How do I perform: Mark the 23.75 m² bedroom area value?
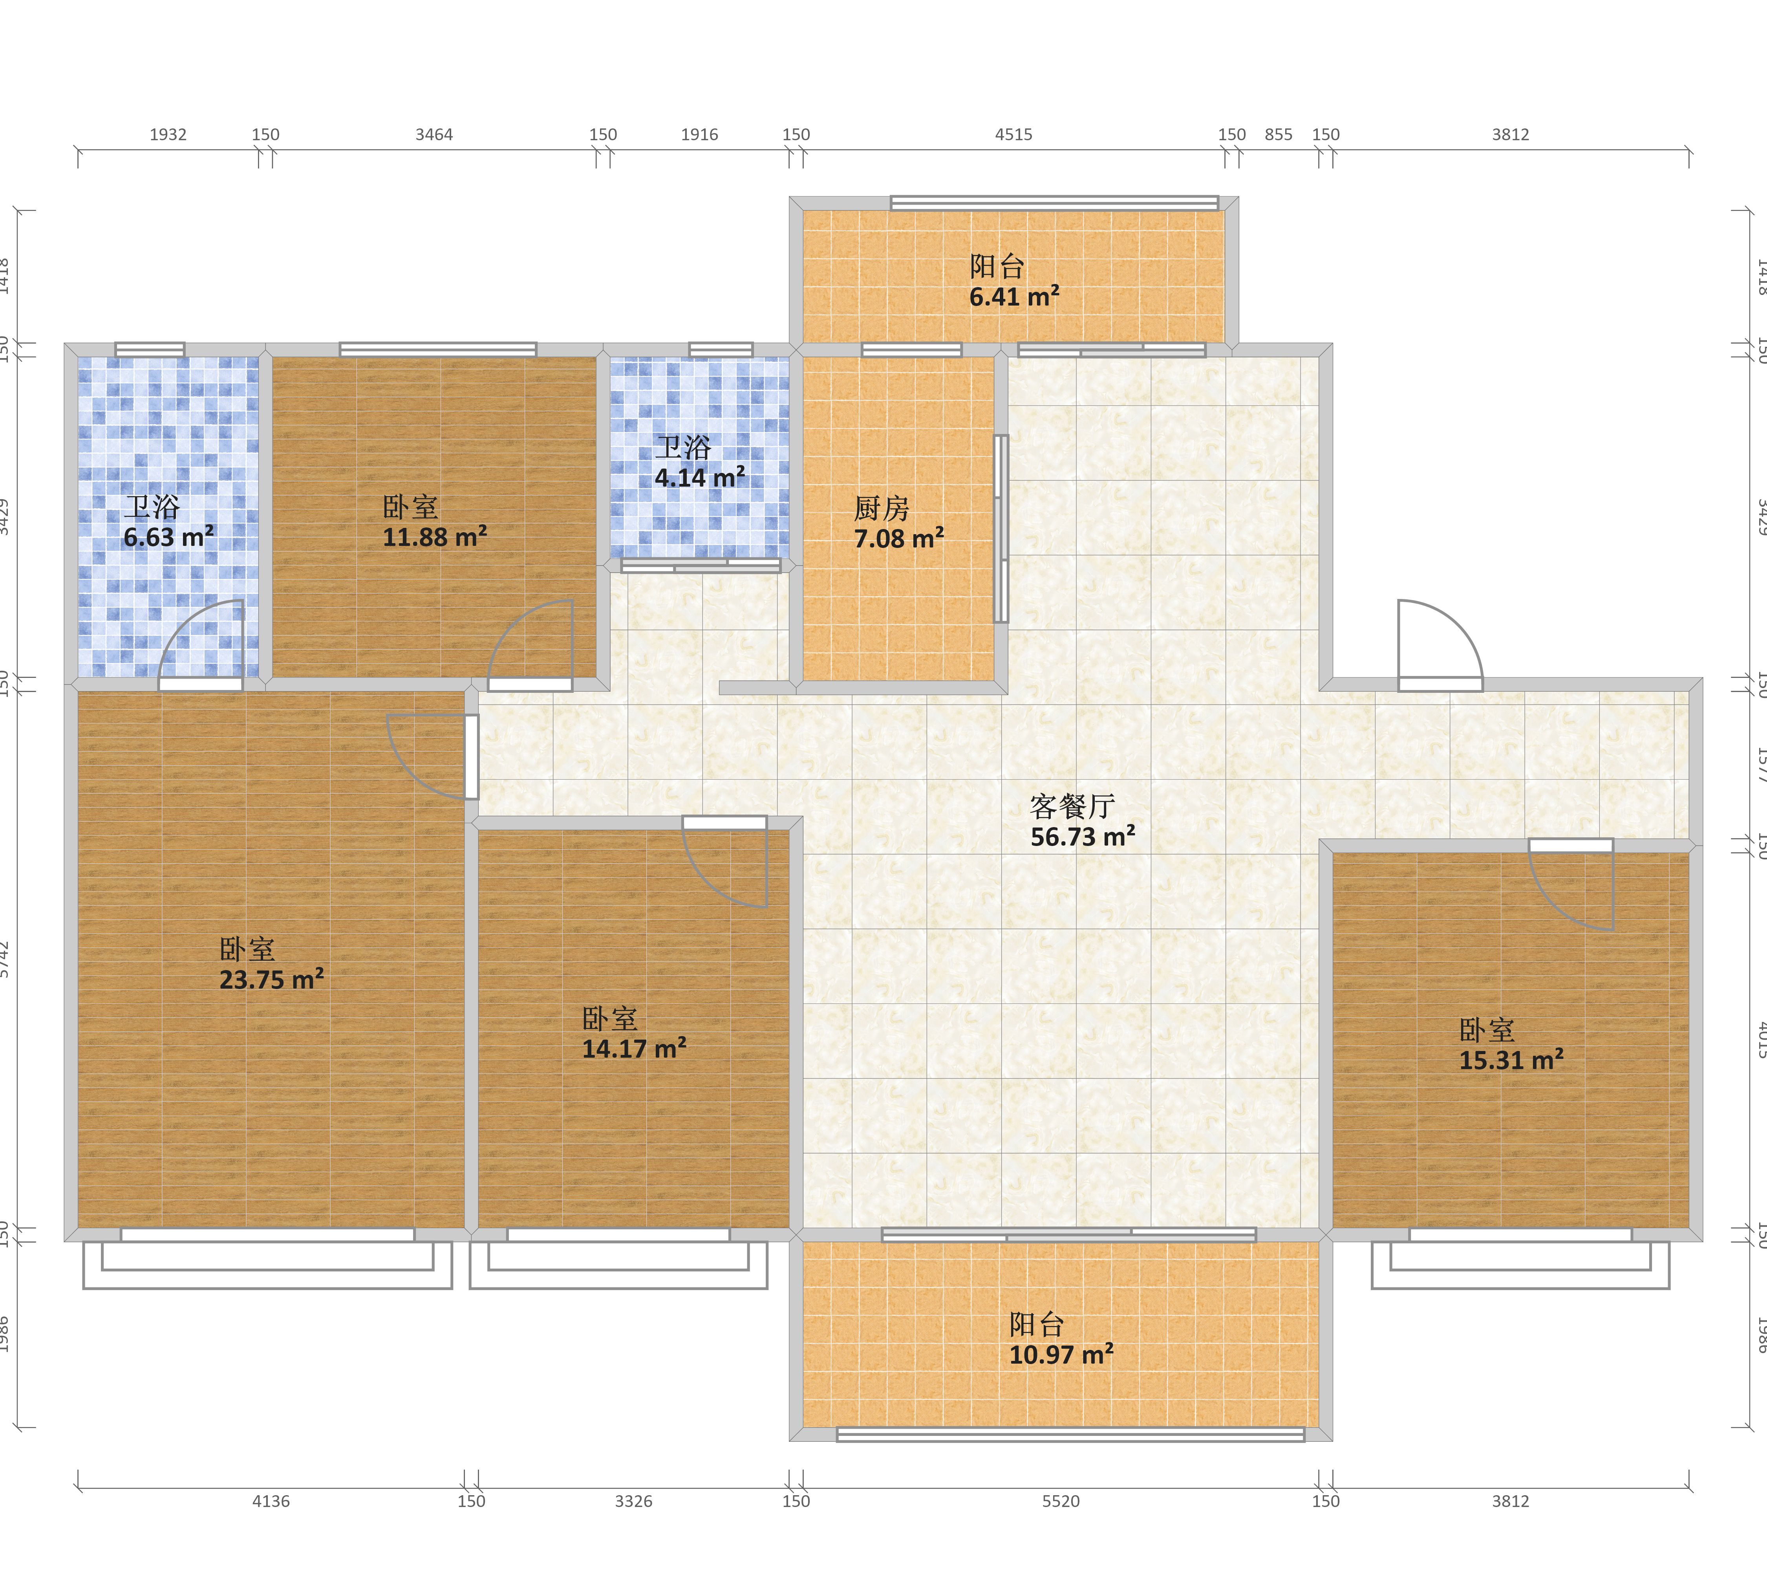click(271, 980)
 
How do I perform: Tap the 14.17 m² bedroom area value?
click(634, 1049)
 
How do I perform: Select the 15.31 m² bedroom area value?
click(1511, 1060)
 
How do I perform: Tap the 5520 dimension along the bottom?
click(1061, 1501)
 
